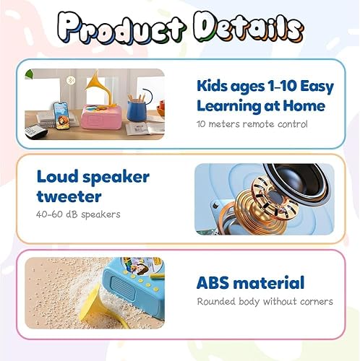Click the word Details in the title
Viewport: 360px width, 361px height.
[x=244, y=28]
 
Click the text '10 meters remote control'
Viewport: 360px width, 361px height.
[x=242, y=123]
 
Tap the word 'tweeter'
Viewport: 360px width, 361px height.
[x=60, y=196]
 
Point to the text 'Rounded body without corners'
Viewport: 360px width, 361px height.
[x=265, y=301]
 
